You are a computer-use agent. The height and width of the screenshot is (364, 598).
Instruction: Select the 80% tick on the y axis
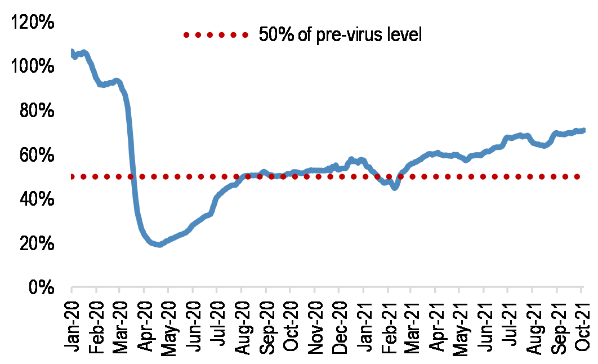point(35,112)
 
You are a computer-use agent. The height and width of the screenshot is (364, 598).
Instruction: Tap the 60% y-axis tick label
point(35,156)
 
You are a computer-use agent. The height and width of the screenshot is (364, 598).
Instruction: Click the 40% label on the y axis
point(35,200)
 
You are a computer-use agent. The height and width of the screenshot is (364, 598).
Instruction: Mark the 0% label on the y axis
point(39,288)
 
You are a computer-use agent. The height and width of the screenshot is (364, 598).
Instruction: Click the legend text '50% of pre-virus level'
point(340,35)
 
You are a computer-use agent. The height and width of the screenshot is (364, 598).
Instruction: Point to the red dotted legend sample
point(215,35)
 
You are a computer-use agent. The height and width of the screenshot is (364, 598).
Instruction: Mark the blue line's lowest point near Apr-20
point(160,245)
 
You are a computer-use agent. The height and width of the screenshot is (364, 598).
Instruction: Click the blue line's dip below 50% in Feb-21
point(395,187)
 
